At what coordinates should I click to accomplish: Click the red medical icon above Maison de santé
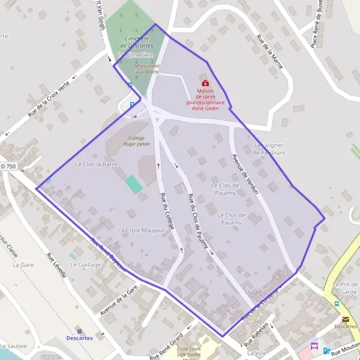pyautogui.click(x=205, y=83)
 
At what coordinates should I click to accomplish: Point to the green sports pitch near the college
pyautogui.click(x=134, y=184)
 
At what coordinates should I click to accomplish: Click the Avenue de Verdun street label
pyautogui.click(x=245, y=174)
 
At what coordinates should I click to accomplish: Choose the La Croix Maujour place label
pyautogui.click(x=141, y=230)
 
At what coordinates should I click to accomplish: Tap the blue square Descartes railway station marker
pyautogui.click(x=79, y=330)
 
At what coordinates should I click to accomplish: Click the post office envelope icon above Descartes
pyautogui.click(x=345, y=319)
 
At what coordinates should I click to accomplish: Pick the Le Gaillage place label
pyautogui.click(x=89, y=265)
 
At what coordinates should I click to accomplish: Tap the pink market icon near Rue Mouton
pyautogui.click(x=314, y=346)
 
